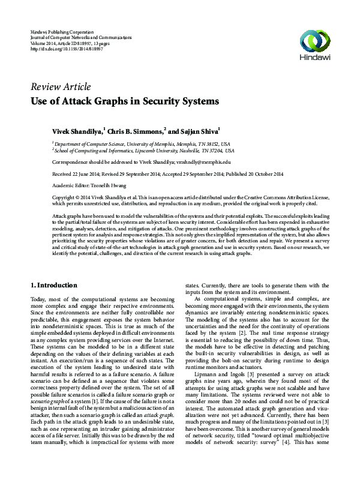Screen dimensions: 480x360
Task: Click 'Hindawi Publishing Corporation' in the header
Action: coord(62,31)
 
